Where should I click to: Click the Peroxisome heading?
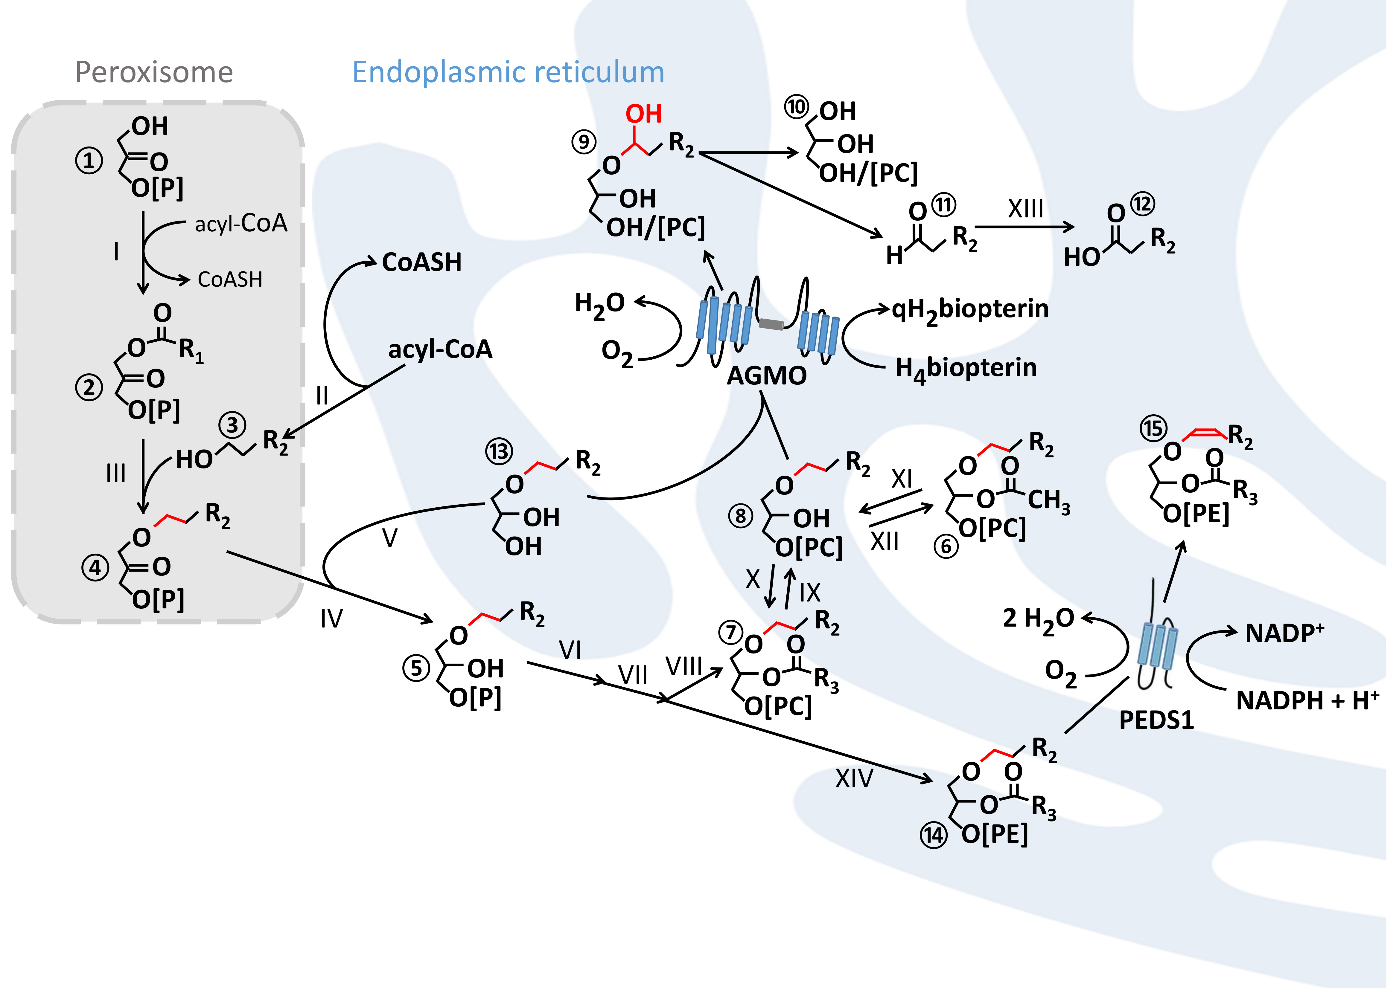click(x=154, y=72)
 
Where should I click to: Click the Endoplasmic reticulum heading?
click(x=508, y=72)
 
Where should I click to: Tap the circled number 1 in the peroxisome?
click(x=89, y=161)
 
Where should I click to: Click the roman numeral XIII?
click(x=1026, y=209)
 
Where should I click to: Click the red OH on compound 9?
click(x=643, y=114)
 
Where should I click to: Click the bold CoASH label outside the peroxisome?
click(x=422, y=262)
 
